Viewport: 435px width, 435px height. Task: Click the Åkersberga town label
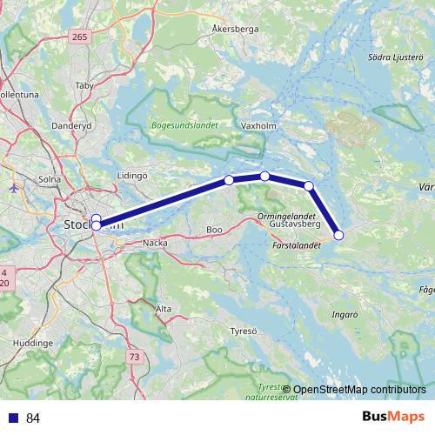pyautogui.click(x=235, y=28)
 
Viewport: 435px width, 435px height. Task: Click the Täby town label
pyautogui.click(x=84, y=85)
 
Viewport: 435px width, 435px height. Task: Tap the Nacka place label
pyautogui.click(x=154, y=244)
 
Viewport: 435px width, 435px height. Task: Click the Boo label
pyautogui.click(x=213, y=230)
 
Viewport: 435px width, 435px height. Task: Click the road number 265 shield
pyautogui.click(x=81, y=36)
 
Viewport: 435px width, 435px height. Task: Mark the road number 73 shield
pyautogui.click(x=133, y=358)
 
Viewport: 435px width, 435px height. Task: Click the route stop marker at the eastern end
pyautogui.click(x=339, y=235)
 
